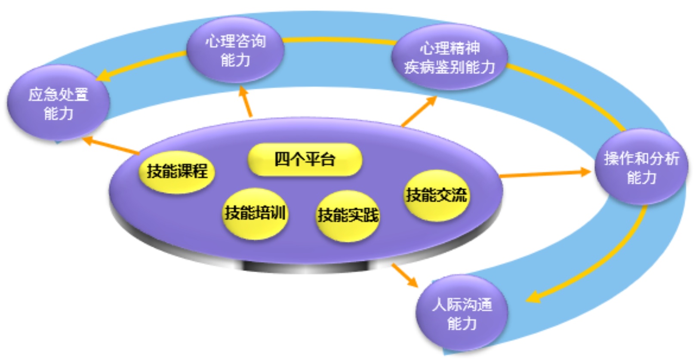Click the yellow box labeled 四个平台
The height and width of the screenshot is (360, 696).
pyautogui.click(x=305, y=160)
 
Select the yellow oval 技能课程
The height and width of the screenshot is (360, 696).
pyautogui.click(x=177, y=172)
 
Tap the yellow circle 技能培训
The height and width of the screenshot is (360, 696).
pyautogui.click(x=255, y=213)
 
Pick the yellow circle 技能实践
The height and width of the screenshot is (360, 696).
pyautogui.click(x=348, y=215)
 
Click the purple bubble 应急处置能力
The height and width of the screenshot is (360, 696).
pyautogui.click(x=58, y=103)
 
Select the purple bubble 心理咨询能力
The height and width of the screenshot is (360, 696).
pyautogui.click(x=235, y=50)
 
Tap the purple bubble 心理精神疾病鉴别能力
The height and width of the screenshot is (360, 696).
pyautogui.click(x=450, y=58)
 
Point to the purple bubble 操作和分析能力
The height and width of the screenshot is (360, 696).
pyautogui.click(x=641, y=167)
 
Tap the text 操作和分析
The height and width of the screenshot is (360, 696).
pyautogui.click(x=641, y=158)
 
